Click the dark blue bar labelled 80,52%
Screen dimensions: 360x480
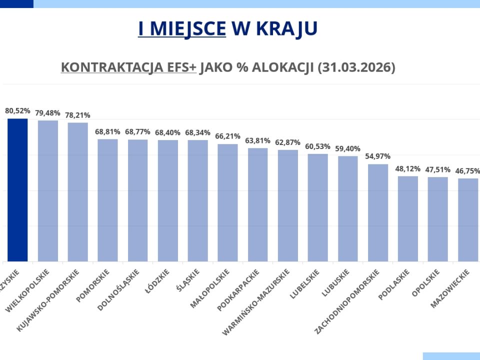(17, 190)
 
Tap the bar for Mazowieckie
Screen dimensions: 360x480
(468, 220)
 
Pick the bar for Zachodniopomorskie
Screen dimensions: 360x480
(378, 212)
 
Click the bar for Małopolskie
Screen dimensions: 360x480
(227, 202)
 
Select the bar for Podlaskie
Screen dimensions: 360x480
(408, 218)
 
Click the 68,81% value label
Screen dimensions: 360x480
(107, 131)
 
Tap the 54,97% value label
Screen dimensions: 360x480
(378, 156)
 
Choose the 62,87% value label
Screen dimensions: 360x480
(287, 142)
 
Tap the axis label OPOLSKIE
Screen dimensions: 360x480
(426, 283)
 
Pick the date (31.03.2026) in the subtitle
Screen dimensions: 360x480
(356, 67)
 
